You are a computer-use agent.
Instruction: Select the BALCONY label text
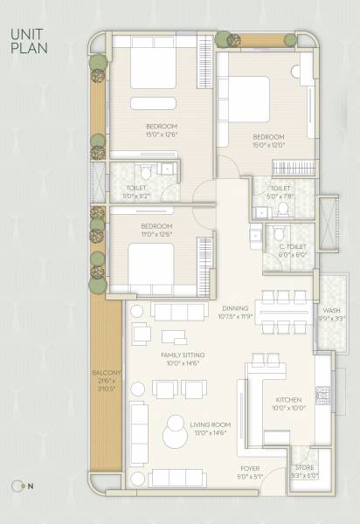102,377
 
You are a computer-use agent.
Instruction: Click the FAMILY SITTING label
182,359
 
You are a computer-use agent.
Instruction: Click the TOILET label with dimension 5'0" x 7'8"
280,191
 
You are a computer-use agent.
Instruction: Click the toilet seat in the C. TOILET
279,234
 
